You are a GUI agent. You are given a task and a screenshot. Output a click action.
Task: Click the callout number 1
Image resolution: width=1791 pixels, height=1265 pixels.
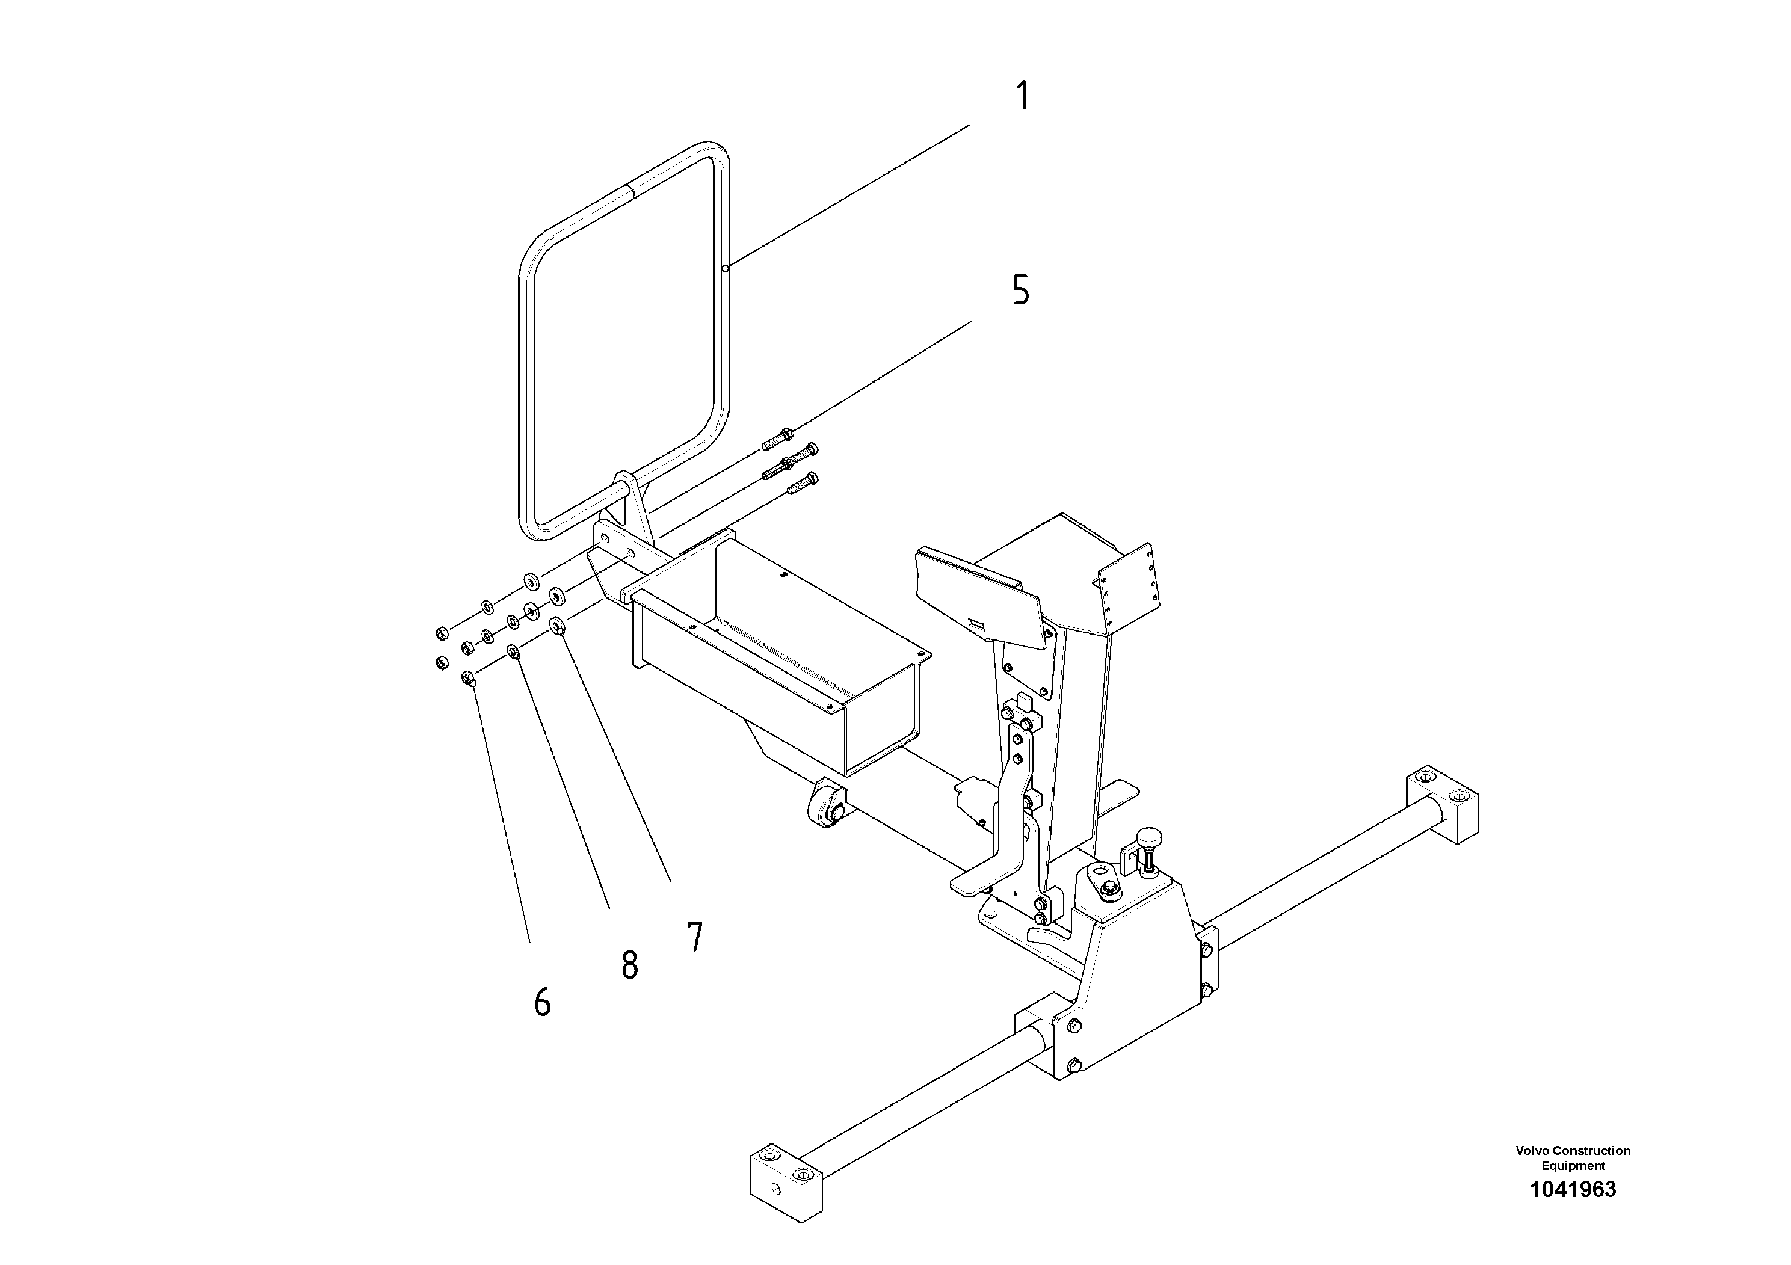pyautogui.click(x=1021, y=97)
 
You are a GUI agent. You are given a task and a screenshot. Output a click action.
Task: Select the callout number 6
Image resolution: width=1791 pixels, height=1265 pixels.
pyautogui.click(x=542, y=1002)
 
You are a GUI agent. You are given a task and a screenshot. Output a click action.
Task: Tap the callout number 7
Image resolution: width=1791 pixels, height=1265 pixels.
pyautogui.click(x=694, y=937)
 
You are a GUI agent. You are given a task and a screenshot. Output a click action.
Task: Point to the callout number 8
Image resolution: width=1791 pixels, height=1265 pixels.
pyautogui.click(x=629, y=965)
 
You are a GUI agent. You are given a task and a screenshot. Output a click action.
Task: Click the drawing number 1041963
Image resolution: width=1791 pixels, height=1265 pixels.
pyautogui.click(x=1573, y=1189)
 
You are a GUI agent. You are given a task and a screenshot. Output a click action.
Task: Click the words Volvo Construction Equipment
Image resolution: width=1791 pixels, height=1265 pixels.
pyautogui.click(x=1573, y=1157)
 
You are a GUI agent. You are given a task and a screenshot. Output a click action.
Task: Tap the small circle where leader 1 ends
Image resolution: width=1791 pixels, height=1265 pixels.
pyautogui.click(x=725, y=268)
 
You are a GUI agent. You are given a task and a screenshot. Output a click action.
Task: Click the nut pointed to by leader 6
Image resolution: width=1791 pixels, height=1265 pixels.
pyautogui.click(x=469, y=678)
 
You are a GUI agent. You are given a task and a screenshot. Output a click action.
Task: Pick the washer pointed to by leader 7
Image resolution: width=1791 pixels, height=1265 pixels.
pyautogui.click(x=558, y=626)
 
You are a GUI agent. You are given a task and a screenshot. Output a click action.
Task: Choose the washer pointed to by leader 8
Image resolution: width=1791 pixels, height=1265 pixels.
pyautogui.click(x=514, y=651)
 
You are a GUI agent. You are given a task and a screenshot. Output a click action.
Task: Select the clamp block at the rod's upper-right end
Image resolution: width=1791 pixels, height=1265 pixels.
pyautogui.click(x=1441, y=804)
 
